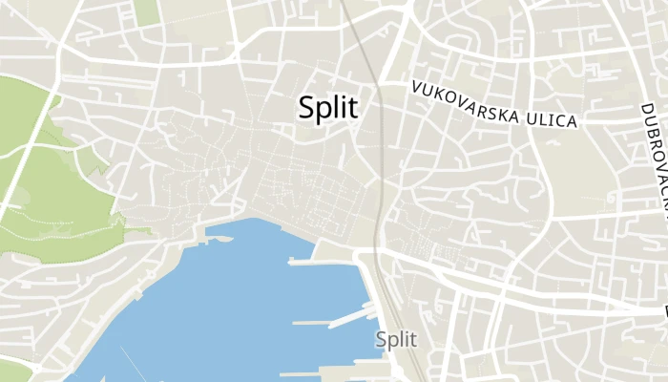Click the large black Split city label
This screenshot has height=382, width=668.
(x=329, y=108)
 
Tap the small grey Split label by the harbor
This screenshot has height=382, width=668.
(x=396, y=339)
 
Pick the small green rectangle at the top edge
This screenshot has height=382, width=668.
(x=146, y=11)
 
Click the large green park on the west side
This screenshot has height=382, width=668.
(x=48, y=181)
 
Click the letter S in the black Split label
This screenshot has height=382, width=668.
(x=306, y=108)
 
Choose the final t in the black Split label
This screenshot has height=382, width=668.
(x=354, y=108)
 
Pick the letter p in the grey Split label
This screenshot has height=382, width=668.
(x=392, y=341)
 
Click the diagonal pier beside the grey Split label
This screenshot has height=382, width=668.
(x=351, y=315)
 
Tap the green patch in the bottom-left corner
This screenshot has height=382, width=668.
(x=13, y=371)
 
